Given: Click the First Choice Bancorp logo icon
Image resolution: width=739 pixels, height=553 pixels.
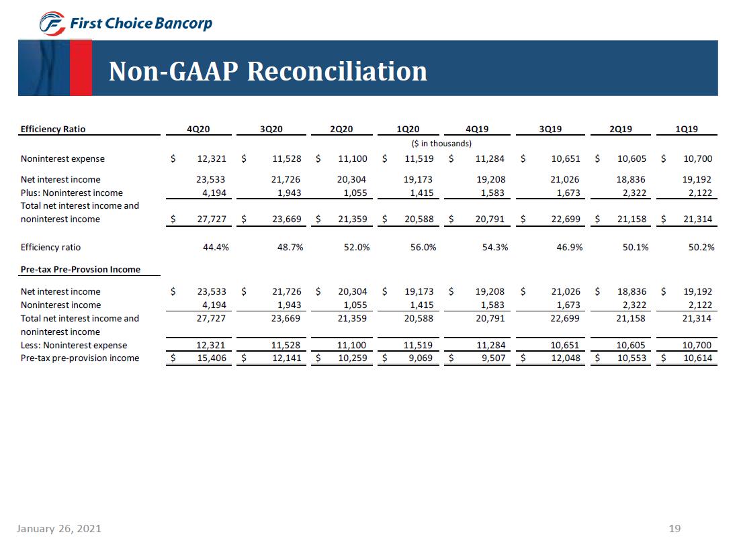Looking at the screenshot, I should (52, 24).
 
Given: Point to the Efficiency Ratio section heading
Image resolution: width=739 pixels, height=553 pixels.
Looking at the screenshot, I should (53, 129).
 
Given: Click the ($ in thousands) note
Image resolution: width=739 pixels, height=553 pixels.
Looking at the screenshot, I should (441, 143).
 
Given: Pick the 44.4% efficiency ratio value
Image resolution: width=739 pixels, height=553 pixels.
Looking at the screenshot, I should (216, 247).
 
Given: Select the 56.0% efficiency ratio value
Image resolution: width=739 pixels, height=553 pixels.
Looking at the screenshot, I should (423, 247).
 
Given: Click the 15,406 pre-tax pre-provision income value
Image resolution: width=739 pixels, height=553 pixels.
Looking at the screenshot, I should (212, 358).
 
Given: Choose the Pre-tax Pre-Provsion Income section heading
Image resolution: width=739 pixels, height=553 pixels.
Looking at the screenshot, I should (81, 269).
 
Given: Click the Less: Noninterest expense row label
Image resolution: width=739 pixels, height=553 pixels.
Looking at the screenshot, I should (74, 346).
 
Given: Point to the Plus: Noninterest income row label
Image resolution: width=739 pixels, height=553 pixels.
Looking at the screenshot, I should (72, 193).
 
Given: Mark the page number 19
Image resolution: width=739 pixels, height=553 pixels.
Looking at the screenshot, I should (675, 529).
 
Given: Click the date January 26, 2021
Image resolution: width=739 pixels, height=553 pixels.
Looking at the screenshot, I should (59, 529).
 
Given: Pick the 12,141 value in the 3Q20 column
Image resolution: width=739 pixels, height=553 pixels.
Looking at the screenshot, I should (286, 358).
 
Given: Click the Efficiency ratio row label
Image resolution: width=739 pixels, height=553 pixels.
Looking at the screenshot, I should (51, 247).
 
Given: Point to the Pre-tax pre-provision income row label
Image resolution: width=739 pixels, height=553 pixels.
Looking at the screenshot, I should (80, 358).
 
